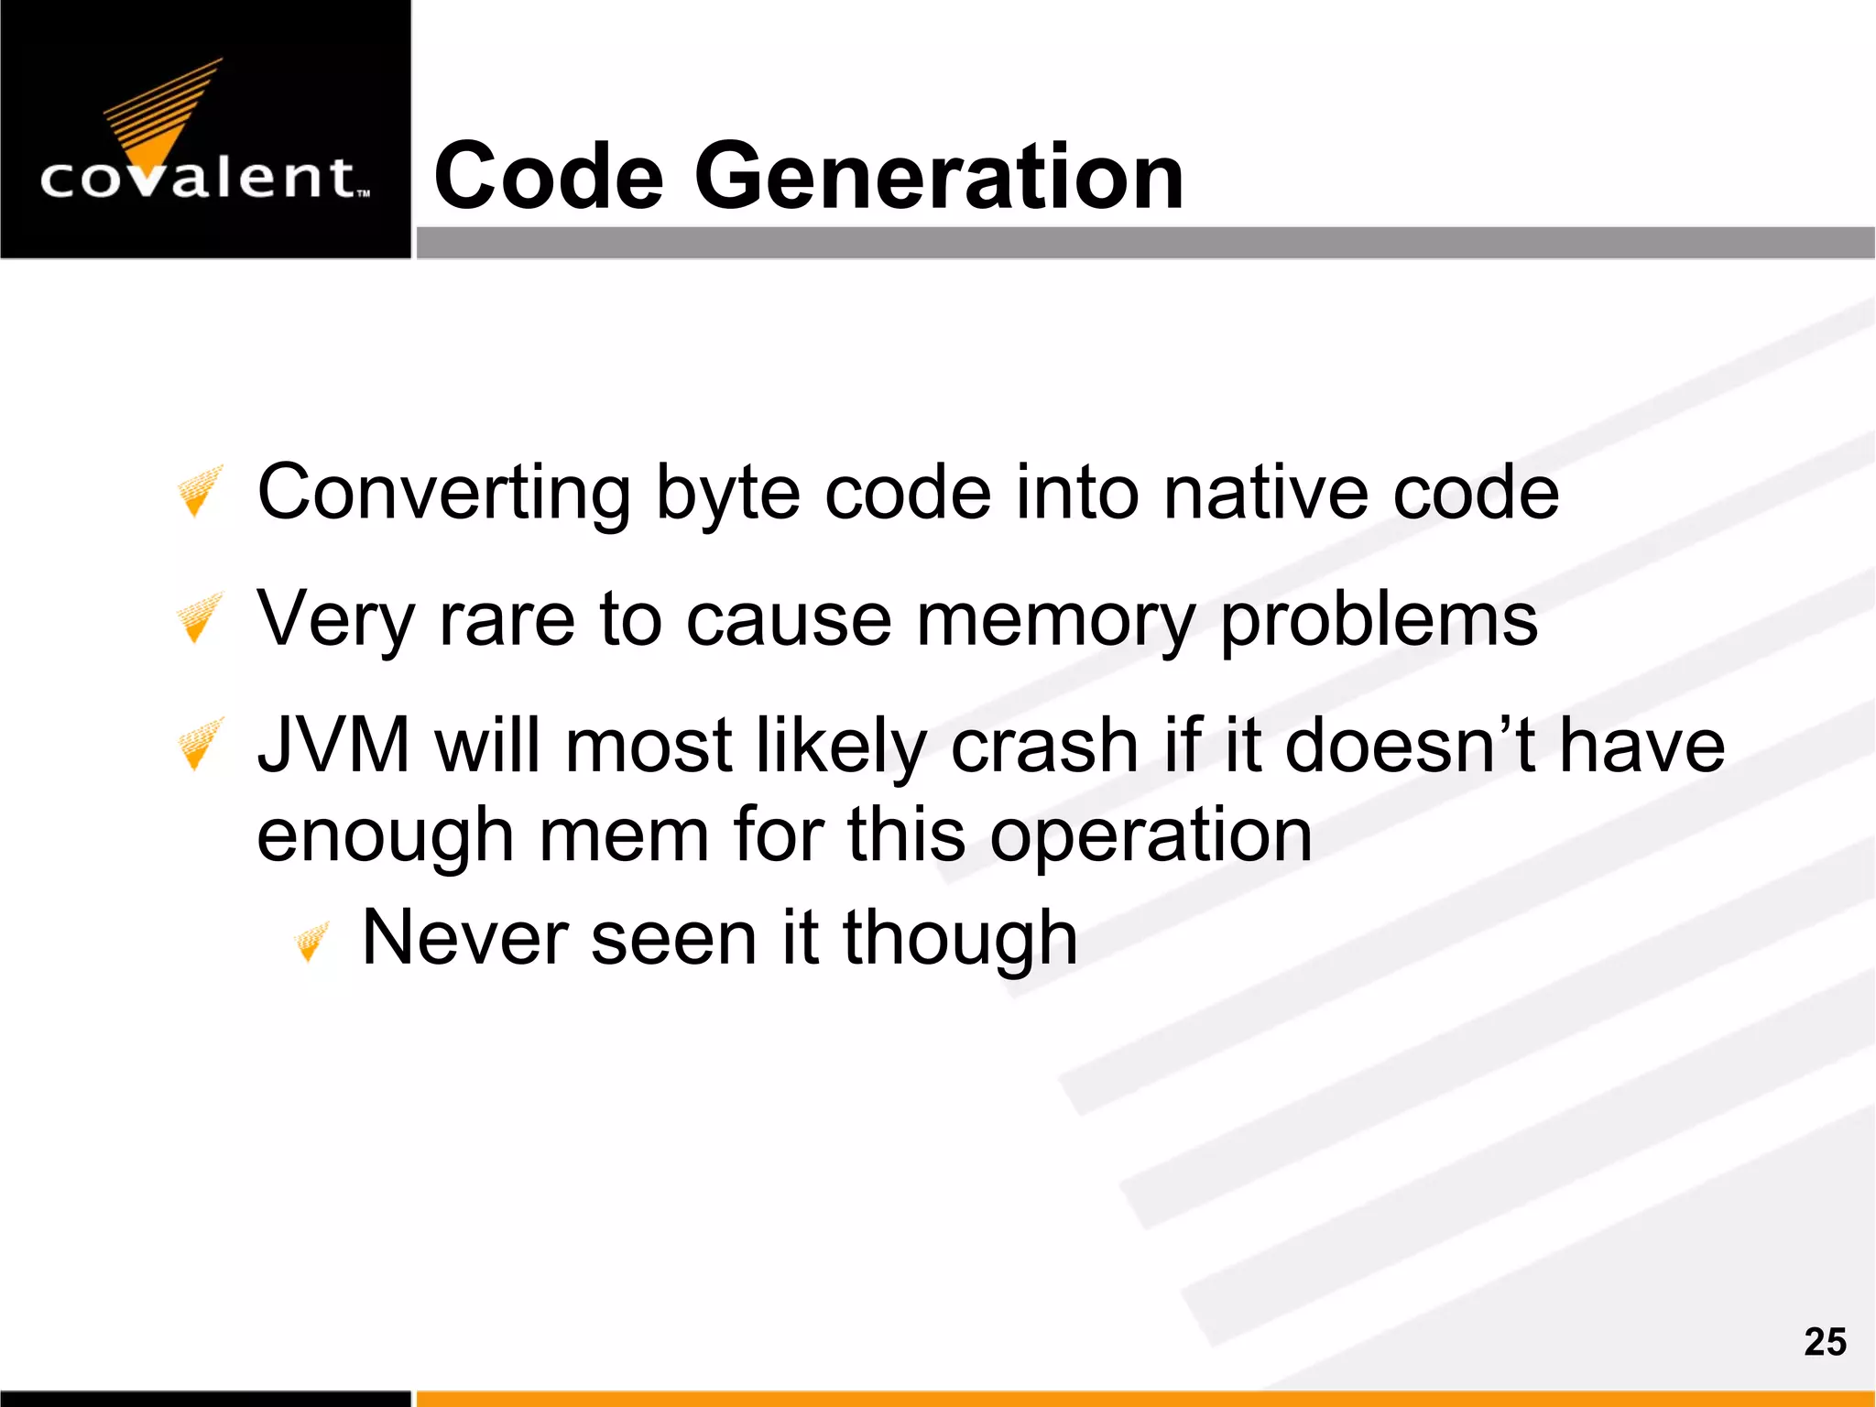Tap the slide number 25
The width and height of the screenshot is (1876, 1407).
pos(1825,1342)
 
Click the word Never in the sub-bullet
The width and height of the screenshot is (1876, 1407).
pos(464,938)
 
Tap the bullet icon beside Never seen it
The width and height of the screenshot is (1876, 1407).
pos(311,943)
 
